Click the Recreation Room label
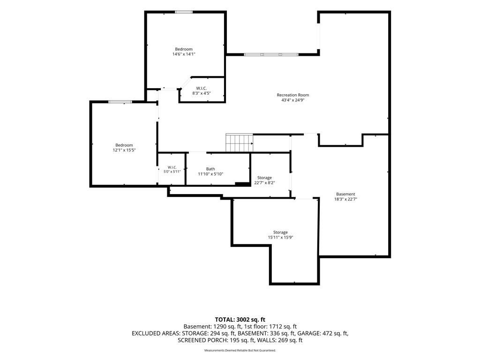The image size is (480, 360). pyautogui.click(x=293, y=95)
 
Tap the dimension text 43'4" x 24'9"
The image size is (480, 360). pyautogui.click(x=293, y=100)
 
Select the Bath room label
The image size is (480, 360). pyautogui.click(x=210, y=169)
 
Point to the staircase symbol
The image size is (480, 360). pyautogui.click(x=240, y=143)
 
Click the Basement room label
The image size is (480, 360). pyautogui.click(x=345, y=194)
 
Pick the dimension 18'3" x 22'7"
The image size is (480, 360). pyautogui.click(x=345, y=199)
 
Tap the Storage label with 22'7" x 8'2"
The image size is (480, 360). pyautogui.click(x=264, y=178)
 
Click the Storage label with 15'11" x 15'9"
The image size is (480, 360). pyautogui.click(x=280, y=232)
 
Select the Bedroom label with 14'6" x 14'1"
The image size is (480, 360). pyautogui.click(x=184, y=49)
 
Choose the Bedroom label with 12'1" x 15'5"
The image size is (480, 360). pyautogui.click(x=124, y=145)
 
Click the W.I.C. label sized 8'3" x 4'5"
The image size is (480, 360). pyautogui.click(x=202, y=88)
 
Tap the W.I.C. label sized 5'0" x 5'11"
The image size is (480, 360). pyautogui.click(x=172, y=167)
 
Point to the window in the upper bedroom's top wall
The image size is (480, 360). pyautogui.click(x=184, y=12)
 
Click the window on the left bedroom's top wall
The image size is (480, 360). pyautogui.click(x=116, y=102)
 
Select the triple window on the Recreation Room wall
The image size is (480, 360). pyautogui.click(x=271, y=54)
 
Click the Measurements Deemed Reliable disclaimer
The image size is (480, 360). pyautogui.click(x=240, y=350)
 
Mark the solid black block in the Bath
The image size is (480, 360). pyautogui.click(x=242, y=184)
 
